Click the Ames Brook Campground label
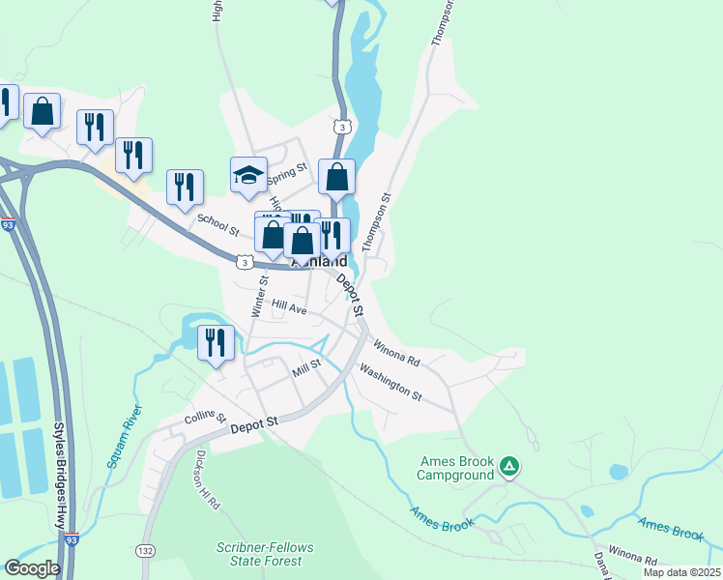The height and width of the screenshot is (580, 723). click(456, 468)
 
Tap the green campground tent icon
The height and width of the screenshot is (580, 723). click(509, 468)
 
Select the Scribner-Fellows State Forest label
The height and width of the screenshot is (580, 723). click(264, 554)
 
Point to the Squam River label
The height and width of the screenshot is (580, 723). click(124, 441)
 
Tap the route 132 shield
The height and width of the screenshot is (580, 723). click(145, 550)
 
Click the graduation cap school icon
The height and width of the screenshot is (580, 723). click(248, 175)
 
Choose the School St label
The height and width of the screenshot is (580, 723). click(217, 224)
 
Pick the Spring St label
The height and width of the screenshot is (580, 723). click(286, 175)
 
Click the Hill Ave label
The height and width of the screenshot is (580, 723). click(289, 307)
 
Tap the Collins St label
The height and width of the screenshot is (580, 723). click(205, 420)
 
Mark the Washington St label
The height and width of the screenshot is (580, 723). click(390, 382)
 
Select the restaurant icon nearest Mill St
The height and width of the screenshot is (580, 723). click(216, 342)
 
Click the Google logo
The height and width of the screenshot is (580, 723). click(32, 568)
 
